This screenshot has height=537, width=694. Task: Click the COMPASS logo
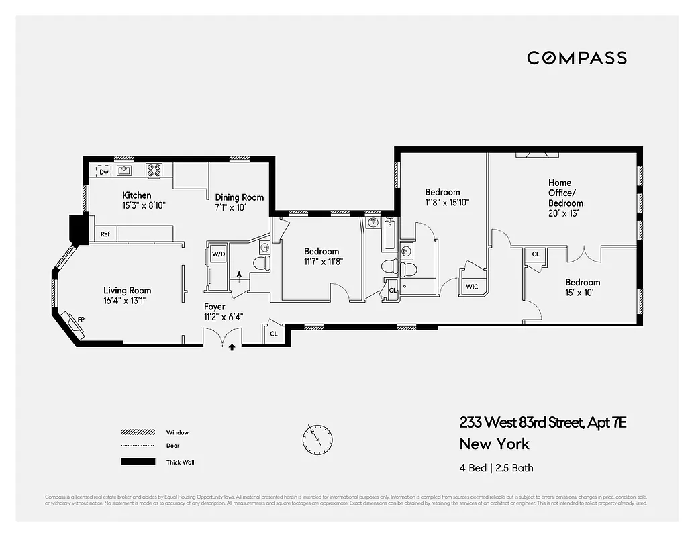[x=577, y=58]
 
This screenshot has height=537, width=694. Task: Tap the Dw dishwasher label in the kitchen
[x=104, y=172]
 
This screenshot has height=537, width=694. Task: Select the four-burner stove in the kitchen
[x=154, y=170]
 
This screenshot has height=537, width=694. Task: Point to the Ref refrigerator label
[x=105, y=234]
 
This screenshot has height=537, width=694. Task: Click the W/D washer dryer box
[x=218, y=254]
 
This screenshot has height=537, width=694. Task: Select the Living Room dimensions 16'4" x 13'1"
[x=124, y=301]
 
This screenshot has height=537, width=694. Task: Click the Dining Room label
[x=239, y=197]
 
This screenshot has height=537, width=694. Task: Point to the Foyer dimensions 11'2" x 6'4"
[x=224, y=318]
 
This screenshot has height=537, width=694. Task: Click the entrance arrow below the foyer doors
[x=232, y=348]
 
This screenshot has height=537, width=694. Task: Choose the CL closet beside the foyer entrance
[x=274, y=333]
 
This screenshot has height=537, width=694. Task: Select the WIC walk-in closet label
[x=472, y=287]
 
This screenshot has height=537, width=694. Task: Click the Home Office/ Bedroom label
[x=565, y=193]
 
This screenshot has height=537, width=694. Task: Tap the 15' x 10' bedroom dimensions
[x=582, y=293]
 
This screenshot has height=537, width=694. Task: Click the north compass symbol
[x=317, y=439]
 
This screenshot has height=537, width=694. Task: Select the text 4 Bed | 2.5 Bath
[x=496, y=468]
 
